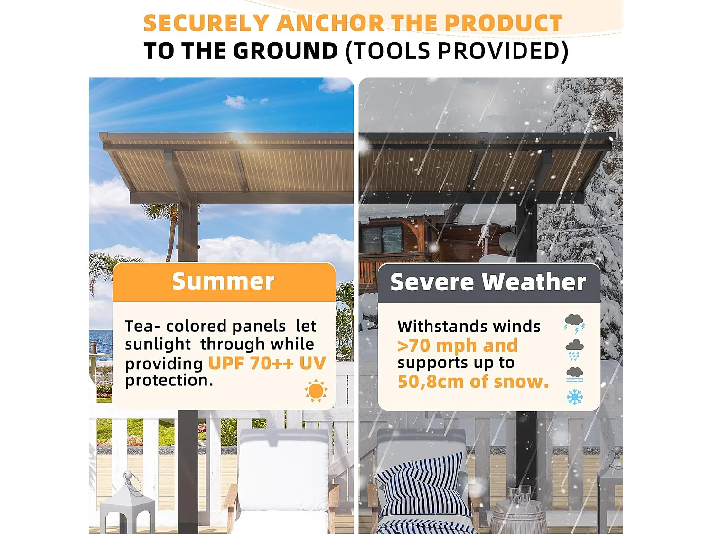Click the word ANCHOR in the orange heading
pos(330,23)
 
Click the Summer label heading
pos(223,281)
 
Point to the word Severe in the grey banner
pos(432,282)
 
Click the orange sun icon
pos(316,390)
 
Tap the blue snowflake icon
pos(574,397)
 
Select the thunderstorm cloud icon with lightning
pos(574,324)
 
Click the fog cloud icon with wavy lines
pos(574,375)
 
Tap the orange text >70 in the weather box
pos(414,346)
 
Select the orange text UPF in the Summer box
pos(226,363)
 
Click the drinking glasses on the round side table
pos(519,495)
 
